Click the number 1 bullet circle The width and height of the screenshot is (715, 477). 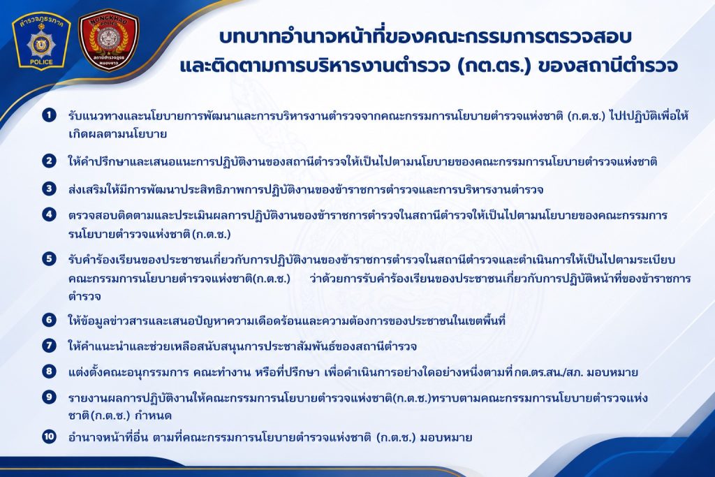49,115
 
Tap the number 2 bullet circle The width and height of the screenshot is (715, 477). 49,161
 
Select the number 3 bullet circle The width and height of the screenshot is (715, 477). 49,189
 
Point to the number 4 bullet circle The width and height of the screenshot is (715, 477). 49,214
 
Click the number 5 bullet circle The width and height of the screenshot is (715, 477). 49,259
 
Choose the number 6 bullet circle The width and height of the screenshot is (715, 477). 49,320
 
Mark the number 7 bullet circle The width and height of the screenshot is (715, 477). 49,345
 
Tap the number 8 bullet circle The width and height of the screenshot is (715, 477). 49,372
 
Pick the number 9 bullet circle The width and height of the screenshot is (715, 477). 49,397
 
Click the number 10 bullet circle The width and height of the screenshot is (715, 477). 49,436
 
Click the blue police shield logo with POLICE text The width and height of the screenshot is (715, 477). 41,41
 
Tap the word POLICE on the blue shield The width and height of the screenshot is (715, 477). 41,62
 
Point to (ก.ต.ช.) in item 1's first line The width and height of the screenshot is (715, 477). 587,116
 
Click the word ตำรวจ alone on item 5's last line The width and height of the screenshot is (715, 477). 84,297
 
